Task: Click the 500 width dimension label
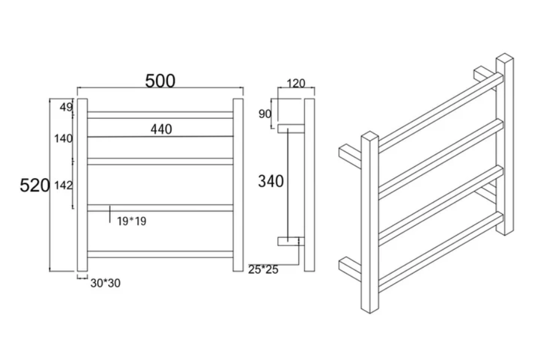pyautogui.click(x=160, y=81)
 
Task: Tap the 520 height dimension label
pyautogui.click(x=35, y=185)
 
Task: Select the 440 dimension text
pyautogui.click(x=161, y=129)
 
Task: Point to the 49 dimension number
pyautogui.click(x=66, y=108)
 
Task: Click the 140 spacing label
pyautogui.click(x=63, y=139)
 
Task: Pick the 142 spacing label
pyautogui.click(x=63, y=185)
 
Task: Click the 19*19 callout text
pyautogui.click(x=131, y=222)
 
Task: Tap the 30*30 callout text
pyautogui.click(x=105, y=283)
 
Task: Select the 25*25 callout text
pyautogui.click(x=263, y=269)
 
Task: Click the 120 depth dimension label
pyautogui.click(x=295, y=83)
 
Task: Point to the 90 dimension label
pyautogui.click(x=265, y=113)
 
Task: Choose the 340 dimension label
pyautogui.click(x=270, y=181)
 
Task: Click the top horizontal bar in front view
pyautogui.click(x=160, y=114)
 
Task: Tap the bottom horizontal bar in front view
pyautogui.click(x=160, y=254)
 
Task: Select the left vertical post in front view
pyautogui.click(x=82, y=185)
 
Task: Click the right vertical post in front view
pyautogui.click(x=238, y=185)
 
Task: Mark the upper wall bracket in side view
pyautogui.click(x=291, y=127)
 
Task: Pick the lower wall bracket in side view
pyautogui.click(x=291, y=241)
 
